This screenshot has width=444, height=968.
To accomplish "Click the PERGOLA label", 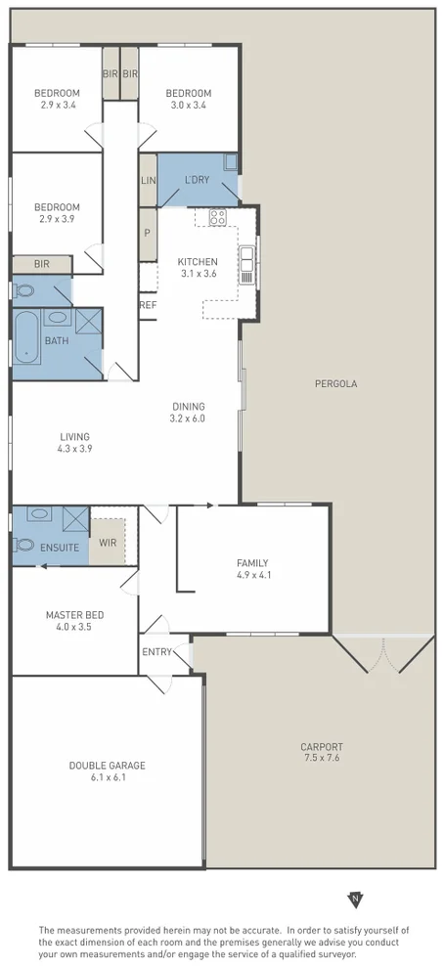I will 335,384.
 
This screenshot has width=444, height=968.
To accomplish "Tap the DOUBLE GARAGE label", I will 108,766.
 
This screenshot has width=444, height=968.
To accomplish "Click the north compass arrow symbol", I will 356,899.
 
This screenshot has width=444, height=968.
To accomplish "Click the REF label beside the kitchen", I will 148,305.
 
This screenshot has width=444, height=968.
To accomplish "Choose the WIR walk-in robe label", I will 108,541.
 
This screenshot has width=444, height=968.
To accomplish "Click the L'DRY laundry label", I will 197,181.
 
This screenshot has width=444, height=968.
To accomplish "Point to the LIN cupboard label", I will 148,181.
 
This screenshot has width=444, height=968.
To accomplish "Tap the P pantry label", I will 148,234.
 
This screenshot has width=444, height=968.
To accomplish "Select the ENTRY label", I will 156,652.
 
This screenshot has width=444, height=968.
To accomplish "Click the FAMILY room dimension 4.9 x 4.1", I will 252,576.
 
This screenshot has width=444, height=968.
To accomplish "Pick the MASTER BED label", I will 75,615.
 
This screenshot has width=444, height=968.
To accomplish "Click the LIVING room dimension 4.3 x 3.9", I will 74,449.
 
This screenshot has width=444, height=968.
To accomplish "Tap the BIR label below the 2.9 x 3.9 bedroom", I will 41,264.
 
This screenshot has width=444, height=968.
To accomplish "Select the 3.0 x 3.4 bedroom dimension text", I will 188,107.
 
